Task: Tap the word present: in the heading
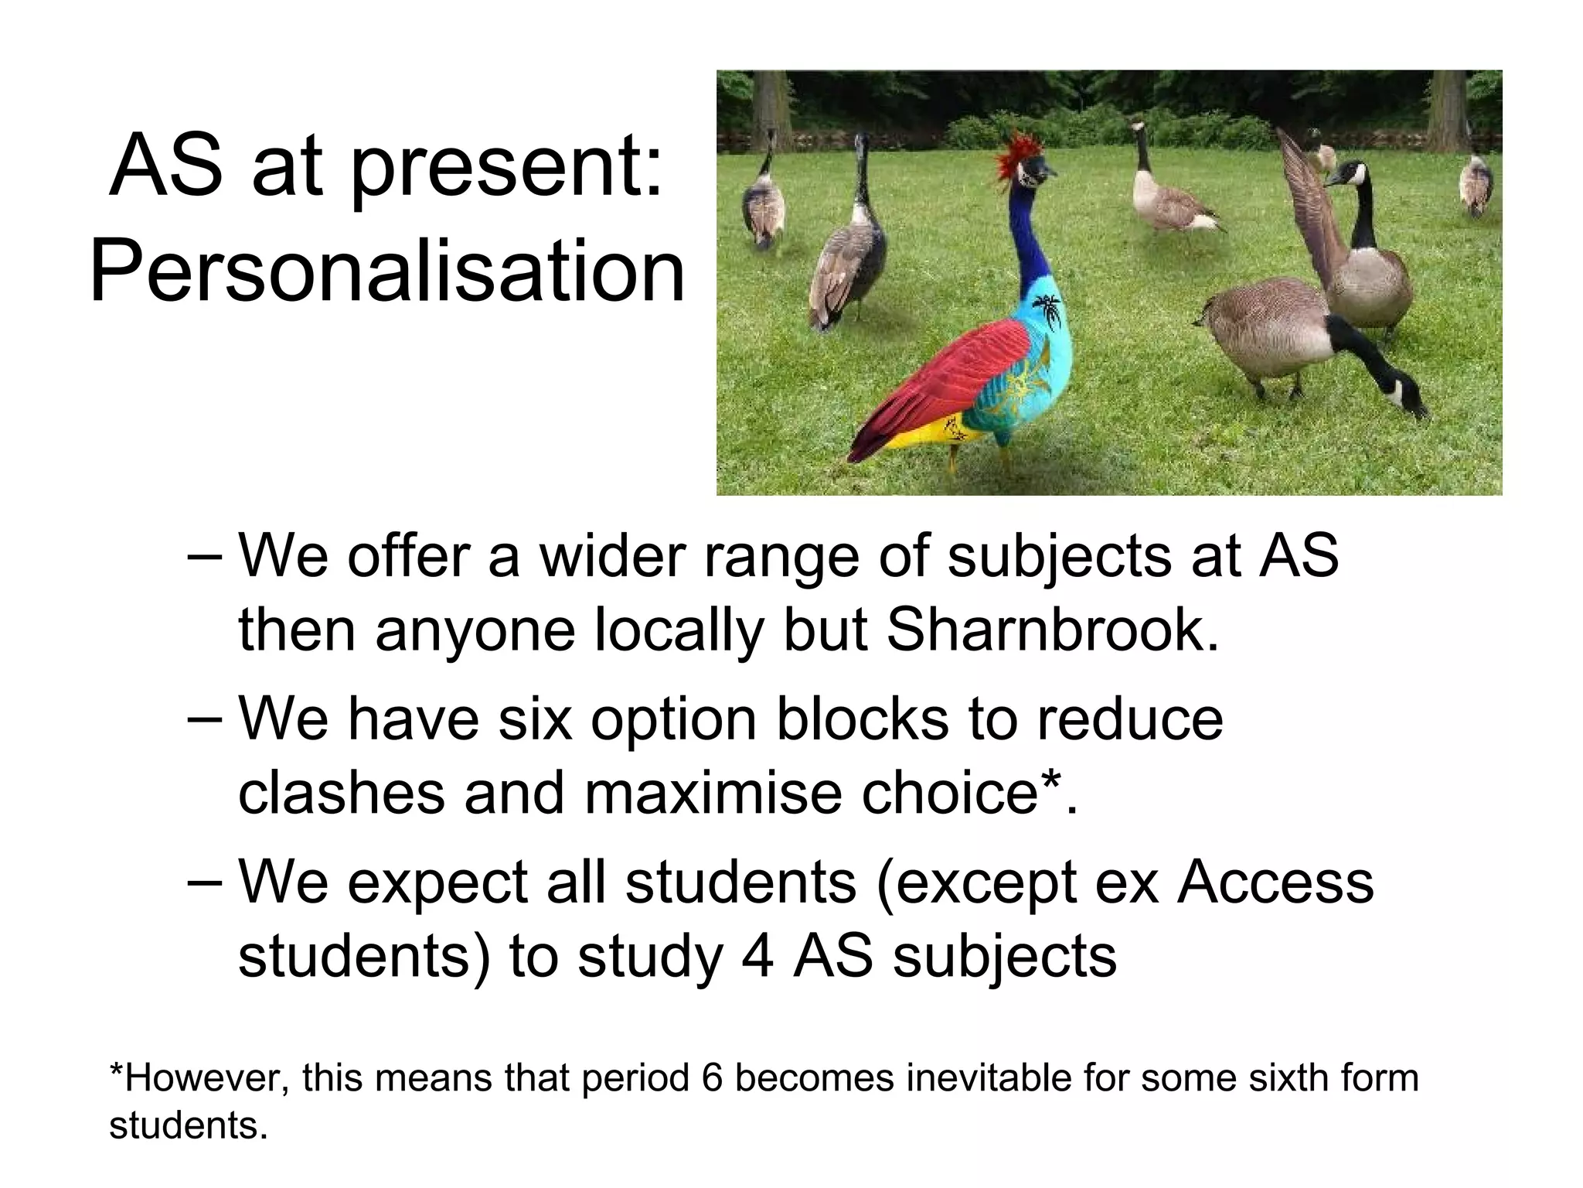506,167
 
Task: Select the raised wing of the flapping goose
1306,201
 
